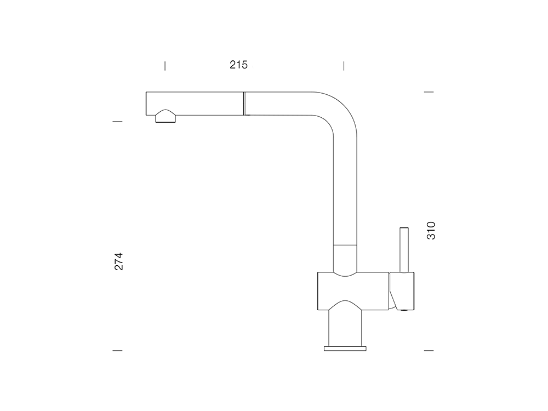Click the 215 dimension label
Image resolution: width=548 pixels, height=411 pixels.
coord(239,65)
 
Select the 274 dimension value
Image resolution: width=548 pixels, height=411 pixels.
coord(119,261)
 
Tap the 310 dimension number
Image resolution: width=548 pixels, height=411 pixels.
coord(431,231)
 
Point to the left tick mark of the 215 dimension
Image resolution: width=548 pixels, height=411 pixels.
coord(165,66)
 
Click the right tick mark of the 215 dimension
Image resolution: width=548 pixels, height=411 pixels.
coord(344,66)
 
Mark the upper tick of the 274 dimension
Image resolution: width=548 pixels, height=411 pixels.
coord(117,121)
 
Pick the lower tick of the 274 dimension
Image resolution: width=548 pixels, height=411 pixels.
coord(117,350)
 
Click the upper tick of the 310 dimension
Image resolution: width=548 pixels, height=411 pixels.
coord(429,92)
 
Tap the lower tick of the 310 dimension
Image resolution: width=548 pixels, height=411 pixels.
coord(429,350)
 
